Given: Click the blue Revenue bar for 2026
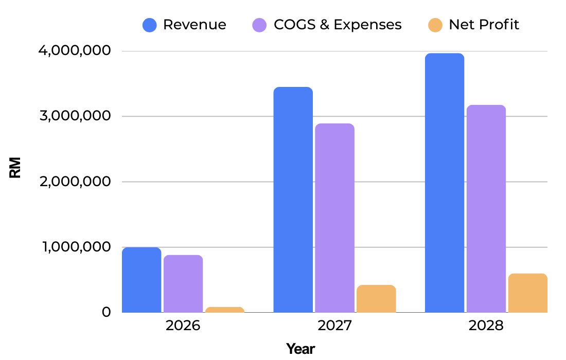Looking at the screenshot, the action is [141, 280].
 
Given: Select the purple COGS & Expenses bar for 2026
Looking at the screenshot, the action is [183, 284].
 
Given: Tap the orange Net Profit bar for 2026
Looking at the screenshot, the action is [225, 310].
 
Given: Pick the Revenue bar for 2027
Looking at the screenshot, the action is [293, 200].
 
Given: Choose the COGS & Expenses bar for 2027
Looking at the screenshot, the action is [334, 218].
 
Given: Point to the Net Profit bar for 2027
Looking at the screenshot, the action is [376, 299].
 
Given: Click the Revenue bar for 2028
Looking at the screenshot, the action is [445, 183].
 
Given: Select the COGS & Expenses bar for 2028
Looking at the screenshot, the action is [486, 209].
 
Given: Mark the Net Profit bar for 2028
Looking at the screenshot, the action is [528, 293].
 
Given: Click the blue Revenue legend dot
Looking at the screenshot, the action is [150, 25].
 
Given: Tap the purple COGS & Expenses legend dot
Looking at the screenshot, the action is [259, 25].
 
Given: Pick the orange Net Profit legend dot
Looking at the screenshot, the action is [435, 25].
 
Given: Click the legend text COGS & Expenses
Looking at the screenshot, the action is [338, 25].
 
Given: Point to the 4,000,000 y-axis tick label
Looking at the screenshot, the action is [75, 50].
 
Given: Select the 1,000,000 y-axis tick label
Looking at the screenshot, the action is [77, 247].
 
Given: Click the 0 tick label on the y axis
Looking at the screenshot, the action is [106, 312].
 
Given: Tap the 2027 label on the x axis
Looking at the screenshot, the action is [334, 326].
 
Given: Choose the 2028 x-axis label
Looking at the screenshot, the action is [486, 326].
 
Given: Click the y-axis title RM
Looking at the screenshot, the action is [15, 168].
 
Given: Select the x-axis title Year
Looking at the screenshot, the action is [300, 349].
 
